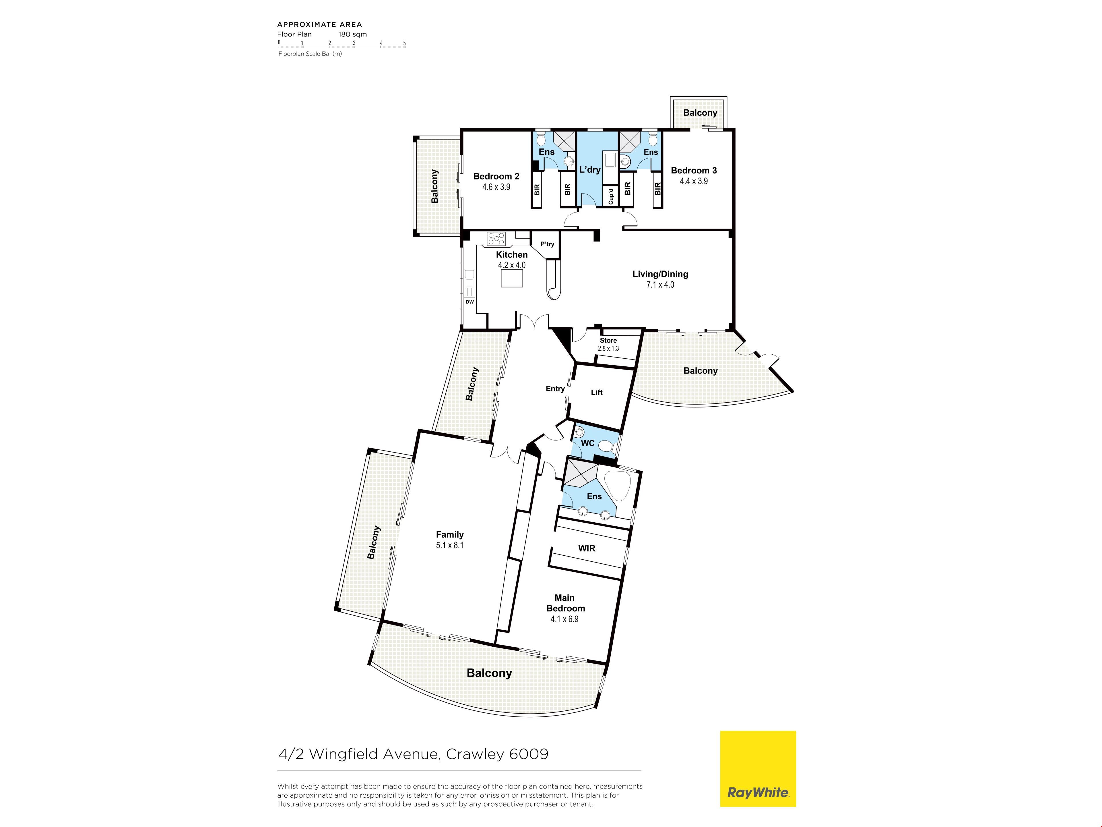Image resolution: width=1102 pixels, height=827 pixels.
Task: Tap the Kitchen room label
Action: point(512,255)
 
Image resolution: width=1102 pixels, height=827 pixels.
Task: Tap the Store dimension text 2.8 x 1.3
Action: point(608,348)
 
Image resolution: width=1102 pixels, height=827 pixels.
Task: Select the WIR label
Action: point(587,548)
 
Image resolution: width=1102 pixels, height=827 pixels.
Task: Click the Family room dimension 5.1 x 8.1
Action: point(450,545)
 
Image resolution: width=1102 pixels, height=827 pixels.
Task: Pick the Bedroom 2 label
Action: point(496,177)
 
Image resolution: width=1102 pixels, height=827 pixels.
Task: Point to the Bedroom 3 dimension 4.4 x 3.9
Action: point(694,181)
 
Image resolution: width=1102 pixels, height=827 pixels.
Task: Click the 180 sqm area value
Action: point(353,34)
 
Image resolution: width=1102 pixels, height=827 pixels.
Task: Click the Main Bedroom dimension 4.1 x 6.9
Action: point(564,619)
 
